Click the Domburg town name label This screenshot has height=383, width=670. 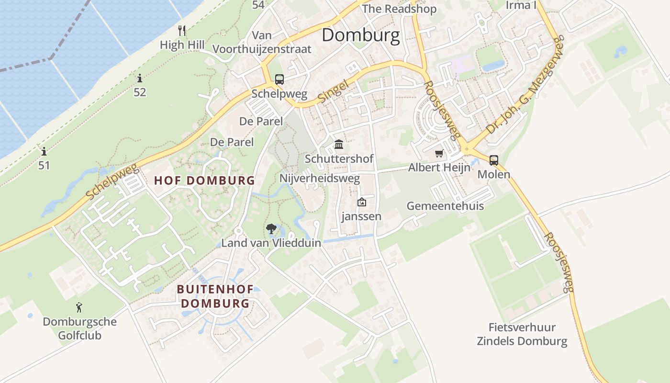(360, 35)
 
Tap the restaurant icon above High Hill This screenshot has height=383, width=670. (182, 31)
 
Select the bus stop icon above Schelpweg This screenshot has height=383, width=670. (279, 79)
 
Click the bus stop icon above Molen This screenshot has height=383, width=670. (493, 160)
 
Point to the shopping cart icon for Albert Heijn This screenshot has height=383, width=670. (439, 154)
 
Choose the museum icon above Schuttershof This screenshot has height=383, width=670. (339, 144)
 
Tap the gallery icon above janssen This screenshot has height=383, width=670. (362, 202)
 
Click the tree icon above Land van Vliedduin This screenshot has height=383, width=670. (271, 229)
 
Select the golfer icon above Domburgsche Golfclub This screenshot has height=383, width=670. (79, 307)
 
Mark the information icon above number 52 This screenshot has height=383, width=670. (140, 78)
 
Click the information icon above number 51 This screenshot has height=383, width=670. (44, 152)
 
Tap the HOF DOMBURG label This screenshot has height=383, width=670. (204, 180)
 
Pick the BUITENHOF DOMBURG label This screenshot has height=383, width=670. (213, 296)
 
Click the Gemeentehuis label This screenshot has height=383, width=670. (445, 206)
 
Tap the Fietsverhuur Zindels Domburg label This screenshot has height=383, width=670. (522, 334)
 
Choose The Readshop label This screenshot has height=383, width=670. (399, 9)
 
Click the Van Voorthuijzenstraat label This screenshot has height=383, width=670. (262, 42)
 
